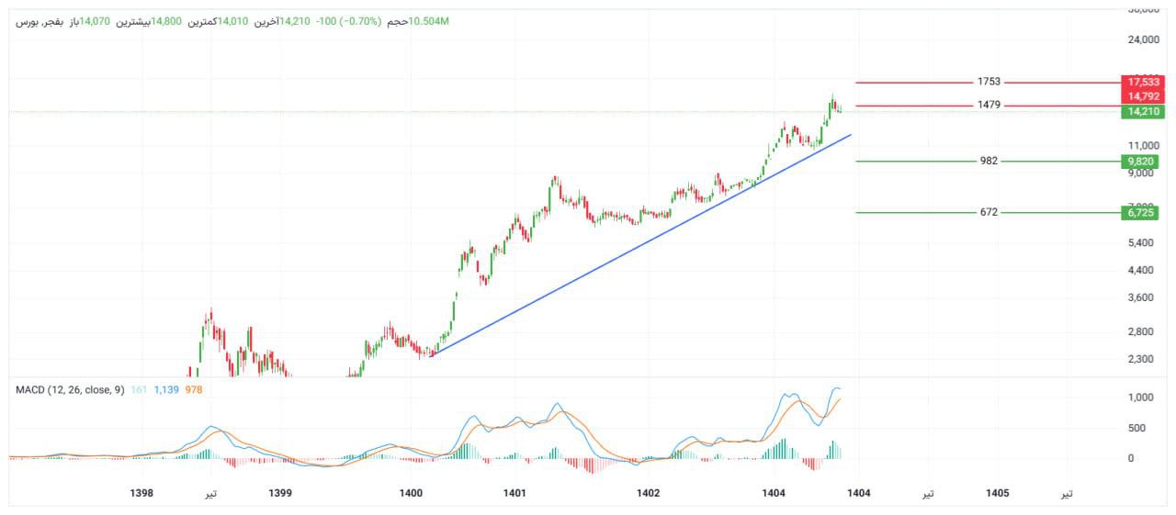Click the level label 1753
click(x=989, y=82)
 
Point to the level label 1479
click(x=989, y=106)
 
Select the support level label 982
click(x=989, y=161)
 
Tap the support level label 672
click(x=989, y=212)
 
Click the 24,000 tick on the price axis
click(x=1143, y=40)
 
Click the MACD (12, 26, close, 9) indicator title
click(x=70, y=390)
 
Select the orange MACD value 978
click(x=194, y=390)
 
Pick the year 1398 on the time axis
click(x=141, y=493)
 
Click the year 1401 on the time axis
click(x=514, y=493)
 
